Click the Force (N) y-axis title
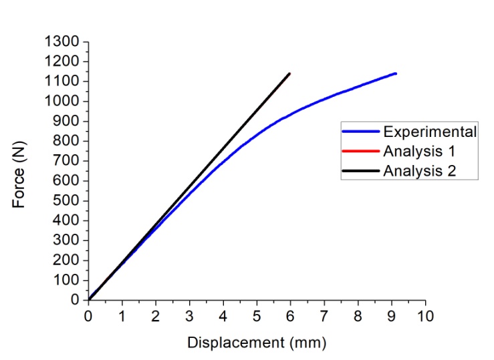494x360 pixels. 20,171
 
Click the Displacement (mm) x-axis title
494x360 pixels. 257,343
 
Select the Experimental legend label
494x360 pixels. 430,131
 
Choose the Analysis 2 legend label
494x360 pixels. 420,170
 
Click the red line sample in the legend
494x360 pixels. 361,151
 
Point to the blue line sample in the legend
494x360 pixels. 361,132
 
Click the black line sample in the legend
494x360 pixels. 361,171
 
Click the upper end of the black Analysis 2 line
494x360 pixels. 289,73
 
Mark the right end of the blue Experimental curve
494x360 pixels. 396,73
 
